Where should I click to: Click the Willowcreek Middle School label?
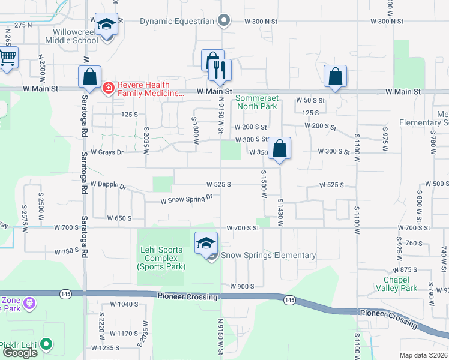(71, 36)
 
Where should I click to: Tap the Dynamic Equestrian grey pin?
(224, 21)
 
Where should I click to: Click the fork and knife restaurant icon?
(220, 70)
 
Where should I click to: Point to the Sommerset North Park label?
(256, 102)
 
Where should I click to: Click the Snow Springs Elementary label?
(268, 256)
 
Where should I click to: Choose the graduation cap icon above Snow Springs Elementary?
(206, 242)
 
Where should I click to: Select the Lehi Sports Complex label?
(160, 257)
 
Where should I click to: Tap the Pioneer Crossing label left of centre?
(187, 296)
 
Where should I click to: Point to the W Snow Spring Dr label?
(187, 199)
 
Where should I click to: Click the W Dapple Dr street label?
(108, 185)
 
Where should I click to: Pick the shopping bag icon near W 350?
(279, 148)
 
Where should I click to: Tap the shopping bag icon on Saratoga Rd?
(89, 77)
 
